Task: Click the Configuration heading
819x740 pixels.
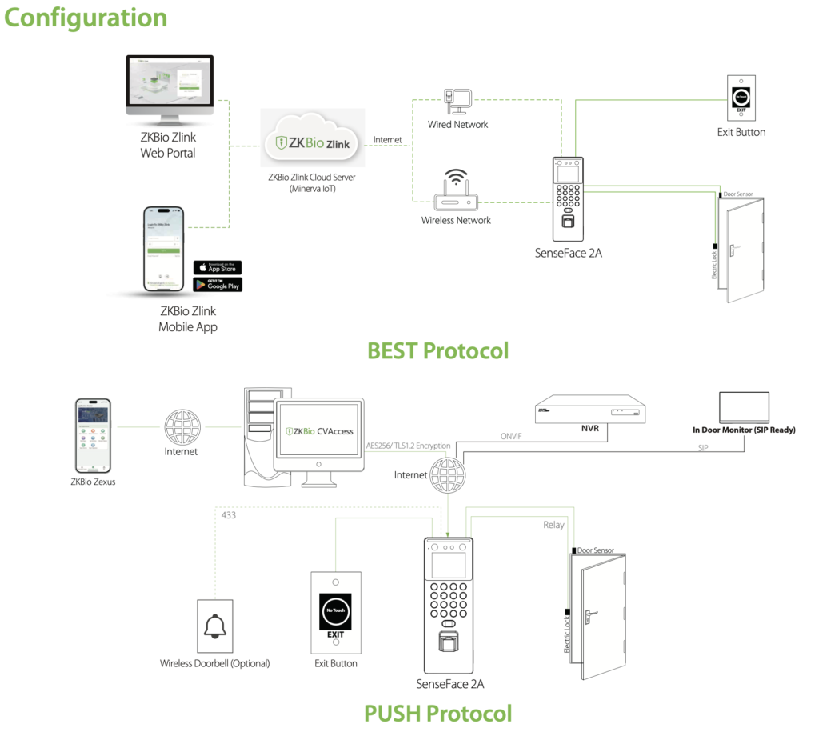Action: tap(86, 18)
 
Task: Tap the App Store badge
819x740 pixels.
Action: tap(217, 267)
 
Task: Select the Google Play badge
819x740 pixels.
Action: tap(217, 285)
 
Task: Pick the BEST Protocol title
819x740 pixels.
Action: tap(437, 350)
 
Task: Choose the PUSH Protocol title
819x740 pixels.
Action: tap(437, 713)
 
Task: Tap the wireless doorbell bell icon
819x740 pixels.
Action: tap(214, 626)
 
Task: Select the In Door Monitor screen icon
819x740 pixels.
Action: tap(744, 407)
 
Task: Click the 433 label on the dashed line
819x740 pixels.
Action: tap(229, 516)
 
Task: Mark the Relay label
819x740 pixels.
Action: tap(553, 525)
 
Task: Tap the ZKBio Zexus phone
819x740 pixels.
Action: tap(92, 435)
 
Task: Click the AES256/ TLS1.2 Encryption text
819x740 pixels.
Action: tap(408, 446)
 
